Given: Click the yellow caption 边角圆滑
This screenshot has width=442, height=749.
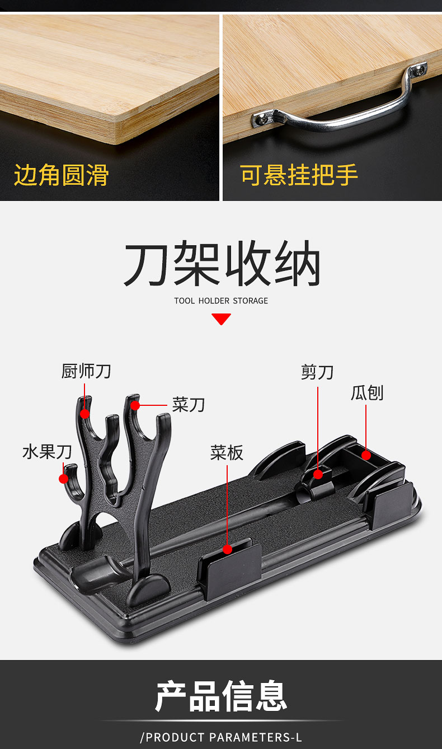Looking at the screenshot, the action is point(61,175).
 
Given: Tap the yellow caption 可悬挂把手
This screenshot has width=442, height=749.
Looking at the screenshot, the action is point(299,175).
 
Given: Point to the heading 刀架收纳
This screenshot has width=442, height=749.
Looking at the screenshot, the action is point(222,264).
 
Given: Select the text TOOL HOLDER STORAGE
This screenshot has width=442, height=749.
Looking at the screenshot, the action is point(221,301).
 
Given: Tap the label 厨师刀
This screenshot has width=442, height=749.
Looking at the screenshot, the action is point(86,371).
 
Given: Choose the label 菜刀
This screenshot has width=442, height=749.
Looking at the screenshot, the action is point(189,405).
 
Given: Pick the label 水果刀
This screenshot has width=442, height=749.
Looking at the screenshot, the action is point(48,452).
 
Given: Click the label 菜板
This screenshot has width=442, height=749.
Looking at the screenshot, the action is point(227,452).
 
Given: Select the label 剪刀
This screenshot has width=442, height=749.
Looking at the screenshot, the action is point(317,372).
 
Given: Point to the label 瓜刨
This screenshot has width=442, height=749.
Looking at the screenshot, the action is point(367,392).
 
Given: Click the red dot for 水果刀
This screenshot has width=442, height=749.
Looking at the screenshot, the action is point(63,479).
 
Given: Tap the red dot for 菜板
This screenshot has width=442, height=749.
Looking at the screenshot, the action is point(227,549).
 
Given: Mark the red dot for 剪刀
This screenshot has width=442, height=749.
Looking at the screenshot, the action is point(318,474).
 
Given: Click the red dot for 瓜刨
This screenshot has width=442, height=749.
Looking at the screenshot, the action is point(366,455).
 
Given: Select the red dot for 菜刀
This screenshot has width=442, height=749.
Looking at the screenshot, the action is point(135,405).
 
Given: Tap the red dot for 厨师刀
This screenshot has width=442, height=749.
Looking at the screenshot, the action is point(85,414).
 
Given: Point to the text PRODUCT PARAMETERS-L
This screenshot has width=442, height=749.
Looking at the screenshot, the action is point(221,737).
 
